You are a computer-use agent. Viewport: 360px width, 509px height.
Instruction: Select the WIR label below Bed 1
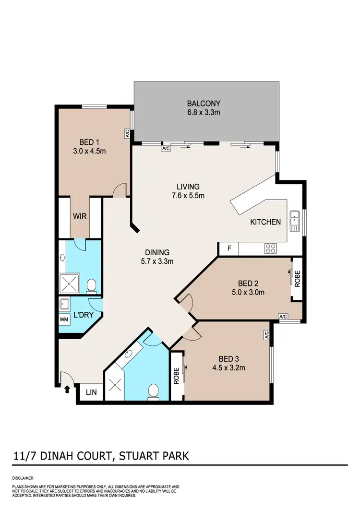(80, 216)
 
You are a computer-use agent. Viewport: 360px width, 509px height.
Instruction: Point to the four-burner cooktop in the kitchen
(271, 249)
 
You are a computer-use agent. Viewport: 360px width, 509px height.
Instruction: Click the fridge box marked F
(229, 249)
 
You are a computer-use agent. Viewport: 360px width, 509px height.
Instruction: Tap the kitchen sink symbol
(295, 221)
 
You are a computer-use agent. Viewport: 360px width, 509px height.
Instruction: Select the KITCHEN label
(265, 222)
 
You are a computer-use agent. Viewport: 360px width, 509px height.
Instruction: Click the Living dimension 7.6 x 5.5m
(188, 195)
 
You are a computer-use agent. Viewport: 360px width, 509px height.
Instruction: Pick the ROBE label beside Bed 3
(177, 376)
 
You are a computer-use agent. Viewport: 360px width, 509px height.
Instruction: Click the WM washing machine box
(63, 319)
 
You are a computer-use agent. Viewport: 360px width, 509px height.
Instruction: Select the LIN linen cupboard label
(91, 392)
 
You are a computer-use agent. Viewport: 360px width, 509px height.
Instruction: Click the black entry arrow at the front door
(65, 390)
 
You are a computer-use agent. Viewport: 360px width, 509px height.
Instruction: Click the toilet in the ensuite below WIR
(91, 286)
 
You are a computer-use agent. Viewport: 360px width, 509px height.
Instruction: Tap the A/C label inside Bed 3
(265, 335)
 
